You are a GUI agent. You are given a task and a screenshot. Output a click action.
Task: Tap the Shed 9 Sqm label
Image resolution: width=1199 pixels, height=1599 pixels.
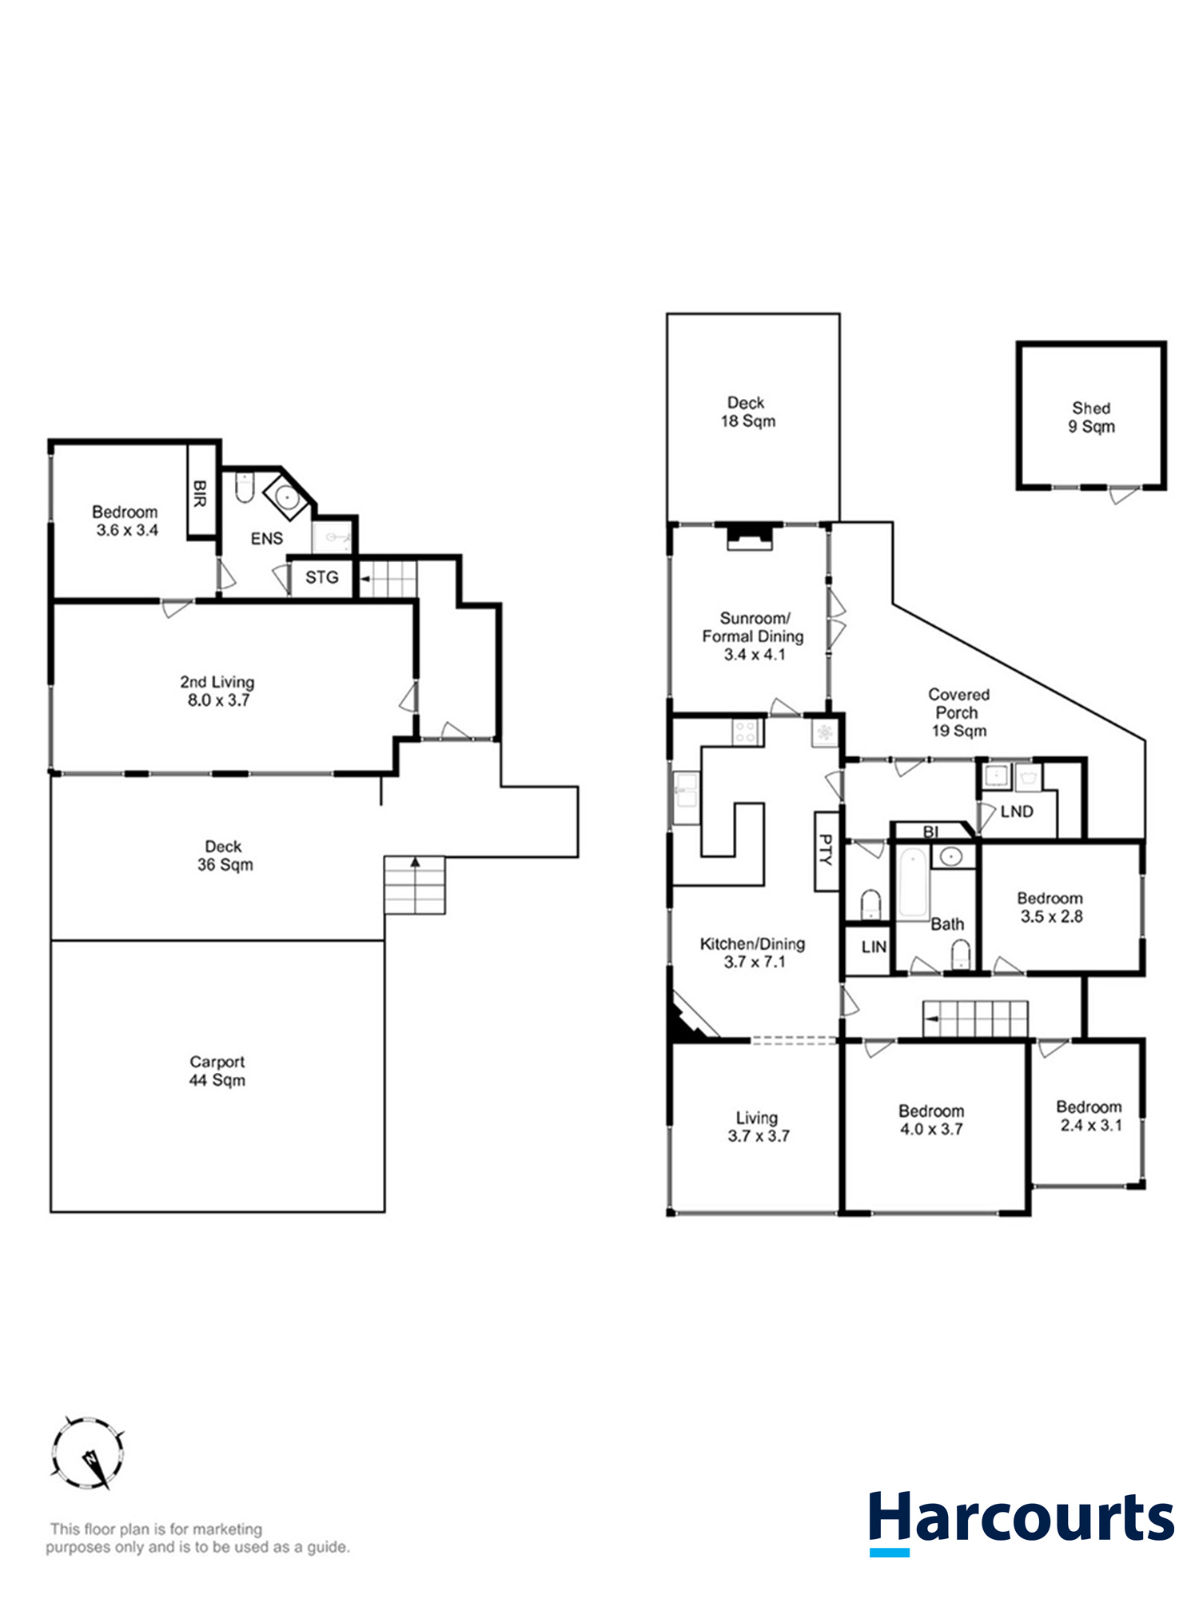1091,417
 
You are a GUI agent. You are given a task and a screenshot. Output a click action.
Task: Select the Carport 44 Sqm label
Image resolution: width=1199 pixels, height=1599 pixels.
217,1071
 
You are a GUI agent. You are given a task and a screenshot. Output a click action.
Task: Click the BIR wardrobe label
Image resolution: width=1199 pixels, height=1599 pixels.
200,492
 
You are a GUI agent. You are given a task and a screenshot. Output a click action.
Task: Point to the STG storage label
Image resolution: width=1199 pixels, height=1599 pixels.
321,577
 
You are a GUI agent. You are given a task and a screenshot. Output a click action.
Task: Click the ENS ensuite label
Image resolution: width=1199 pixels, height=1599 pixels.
266,539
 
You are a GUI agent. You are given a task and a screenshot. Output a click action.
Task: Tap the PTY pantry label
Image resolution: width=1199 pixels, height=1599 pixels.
826,851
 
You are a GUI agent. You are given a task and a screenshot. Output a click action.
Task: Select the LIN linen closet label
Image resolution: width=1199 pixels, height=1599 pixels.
873,947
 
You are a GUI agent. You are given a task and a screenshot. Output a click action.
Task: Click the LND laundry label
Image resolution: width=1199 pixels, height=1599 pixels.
1016,811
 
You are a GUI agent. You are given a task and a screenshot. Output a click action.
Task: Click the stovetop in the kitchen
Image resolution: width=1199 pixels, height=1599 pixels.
745,732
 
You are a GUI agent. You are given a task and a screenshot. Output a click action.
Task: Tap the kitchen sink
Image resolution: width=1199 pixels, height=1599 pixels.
686,797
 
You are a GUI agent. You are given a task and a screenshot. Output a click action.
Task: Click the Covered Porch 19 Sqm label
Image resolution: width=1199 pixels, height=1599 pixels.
958,712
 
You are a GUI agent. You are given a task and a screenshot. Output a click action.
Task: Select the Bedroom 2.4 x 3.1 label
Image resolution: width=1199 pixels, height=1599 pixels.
1089,1116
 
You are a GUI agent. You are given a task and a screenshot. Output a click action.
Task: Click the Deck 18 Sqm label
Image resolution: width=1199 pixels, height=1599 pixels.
747,412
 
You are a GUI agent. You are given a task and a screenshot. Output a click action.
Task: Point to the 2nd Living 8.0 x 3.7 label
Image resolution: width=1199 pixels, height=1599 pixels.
217,691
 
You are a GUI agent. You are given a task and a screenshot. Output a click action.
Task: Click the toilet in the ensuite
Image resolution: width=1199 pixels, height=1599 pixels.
245,487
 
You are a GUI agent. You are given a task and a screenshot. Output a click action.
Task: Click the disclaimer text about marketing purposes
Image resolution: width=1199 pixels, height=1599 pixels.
197,1538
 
